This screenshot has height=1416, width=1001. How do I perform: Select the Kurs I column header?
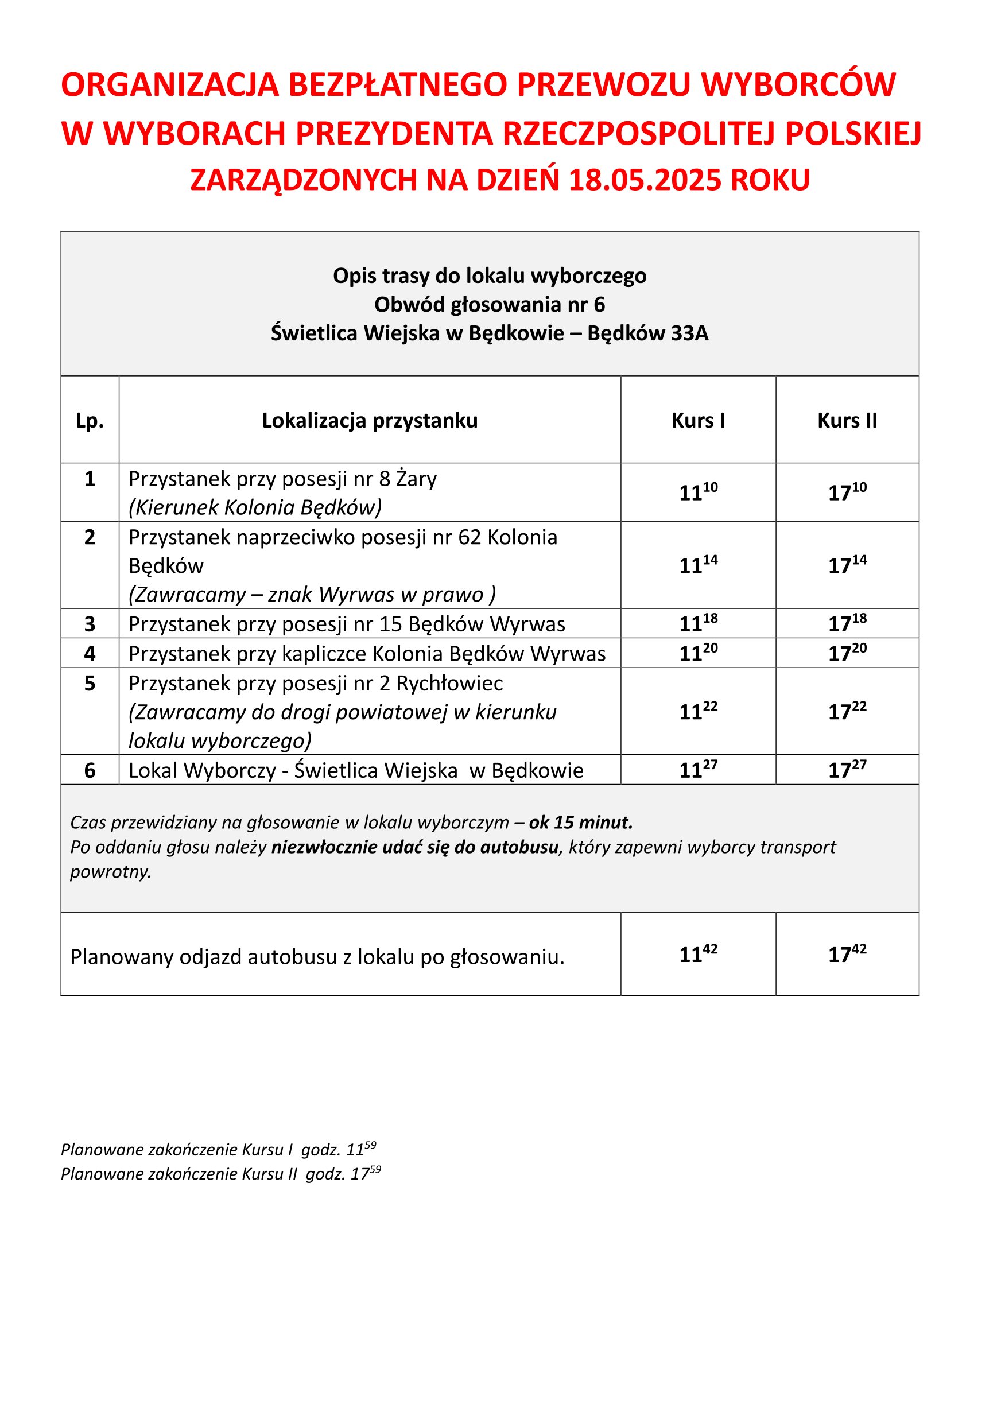pos(698,421)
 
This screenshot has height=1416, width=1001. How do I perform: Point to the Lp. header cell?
pos(90,421)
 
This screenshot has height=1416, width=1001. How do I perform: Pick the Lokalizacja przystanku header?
pos(370,421)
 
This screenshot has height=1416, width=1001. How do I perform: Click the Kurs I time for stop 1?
pos(698,491)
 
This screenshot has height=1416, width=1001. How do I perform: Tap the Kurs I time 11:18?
pos(698,623)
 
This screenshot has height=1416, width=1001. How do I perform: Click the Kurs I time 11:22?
pos(698,711)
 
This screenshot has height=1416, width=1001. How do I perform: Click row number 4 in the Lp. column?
pos(90,653)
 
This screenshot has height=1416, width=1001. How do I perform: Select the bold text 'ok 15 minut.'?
pos(580,822)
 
